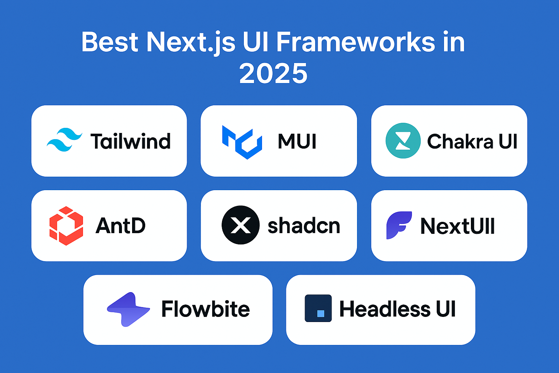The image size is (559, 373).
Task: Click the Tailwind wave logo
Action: (64, 140)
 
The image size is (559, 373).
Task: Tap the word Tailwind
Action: (130, 141)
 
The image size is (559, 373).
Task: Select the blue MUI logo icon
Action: (242, 142)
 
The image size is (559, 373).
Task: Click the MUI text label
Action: (297, 141)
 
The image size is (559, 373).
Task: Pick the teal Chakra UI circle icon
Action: (403, 141)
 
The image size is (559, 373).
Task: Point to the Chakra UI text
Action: (472, 141)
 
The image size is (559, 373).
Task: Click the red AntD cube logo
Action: (66, 225)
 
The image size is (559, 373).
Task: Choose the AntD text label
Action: (120, 226)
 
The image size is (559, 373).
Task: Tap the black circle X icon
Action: (241, 225)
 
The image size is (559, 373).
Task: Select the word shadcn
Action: (304, 226)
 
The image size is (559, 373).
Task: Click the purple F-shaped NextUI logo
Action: (399, 225)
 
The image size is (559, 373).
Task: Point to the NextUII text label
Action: (457, 226)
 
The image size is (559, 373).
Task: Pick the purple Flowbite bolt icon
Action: (128, 309)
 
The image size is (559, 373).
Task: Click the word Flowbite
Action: (206, 309)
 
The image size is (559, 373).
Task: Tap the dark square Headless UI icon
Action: (318, 308)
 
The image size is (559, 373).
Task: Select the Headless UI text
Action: (397, 309)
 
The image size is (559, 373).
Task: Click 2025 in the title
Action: (273, 73)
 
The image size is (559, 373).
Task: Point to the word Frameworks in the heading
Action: (356, 42)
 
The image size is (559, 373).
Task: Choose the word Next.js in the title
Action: (191, 42)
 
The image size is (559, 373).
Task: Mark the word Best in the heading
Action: (110, 42)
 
